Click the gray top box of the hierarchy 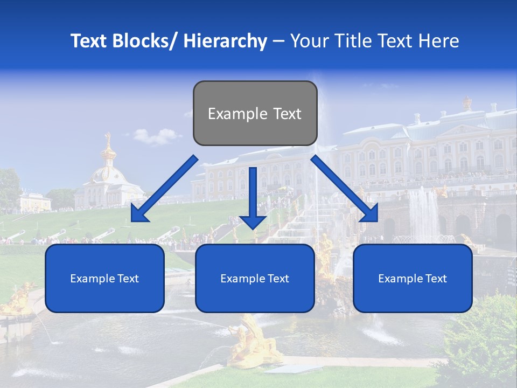(x=255, y=113)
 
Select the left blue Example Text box (x=104, y=278)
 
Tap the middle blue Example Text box (x=255, y=278)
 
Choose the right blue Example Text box (x=413, y=278)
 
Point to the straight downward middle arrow (x=253, y=199)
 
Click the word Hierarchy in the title (x=225, y=41)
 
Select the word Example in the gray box (x=230, y=114)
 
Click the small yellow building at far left (x=34, y=202)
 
